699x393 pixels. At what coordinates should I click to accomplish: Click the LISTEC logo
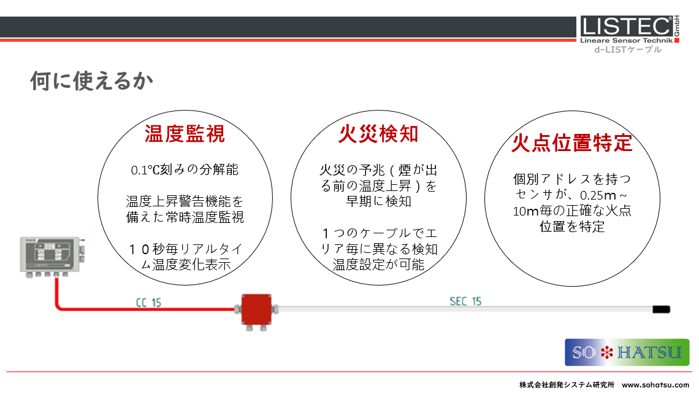click(630, 29)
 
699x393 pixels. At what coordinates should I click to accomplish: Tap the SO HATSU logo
click(627, 352)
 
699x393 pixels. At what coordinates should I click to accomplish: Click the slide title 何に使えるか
click(91, 81)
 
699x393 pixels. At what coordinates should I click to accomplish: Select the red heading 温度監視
click(185, 134)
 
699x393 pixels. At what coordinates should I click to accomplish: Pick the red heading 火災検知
click(378, 134)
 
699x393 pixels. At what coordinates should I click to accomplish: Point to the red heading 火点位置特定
click(572, 143)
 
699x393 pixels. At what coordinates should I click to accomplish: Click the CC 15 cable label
click(148, 303)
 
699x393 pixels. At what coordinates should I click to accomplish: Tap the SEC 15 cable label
click(465, 302)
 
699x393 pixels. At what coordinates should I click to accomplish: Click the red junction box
click(256, 310)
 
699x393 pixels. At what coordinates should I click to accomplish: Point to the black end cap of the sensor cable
click(661, 309)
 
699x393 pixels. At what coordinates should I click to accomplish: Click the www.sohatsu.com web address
click(655, 384)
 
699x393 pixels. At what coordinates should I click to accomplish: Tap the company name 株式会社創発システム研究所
click(567, 384)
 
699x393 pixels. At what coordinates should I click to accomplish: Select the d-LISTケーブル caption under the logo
click(628, 50)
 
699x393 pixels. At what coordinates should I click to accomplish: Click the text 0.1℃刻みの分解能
click(185, 169)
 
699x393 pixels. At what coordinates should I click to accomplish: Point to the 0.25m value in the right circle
click(598, 195)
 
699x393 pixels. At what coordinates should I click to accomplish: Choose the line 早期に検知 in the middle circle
click(378, 201)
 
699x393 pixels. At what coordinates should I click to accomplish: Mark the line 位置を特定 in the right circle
click(572, 227)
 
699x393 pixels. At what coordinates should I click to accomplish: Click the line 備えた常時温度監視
click(185, 217)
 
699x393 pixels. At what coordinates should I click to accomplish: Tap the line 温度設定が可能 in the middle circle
click(378, 265)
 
